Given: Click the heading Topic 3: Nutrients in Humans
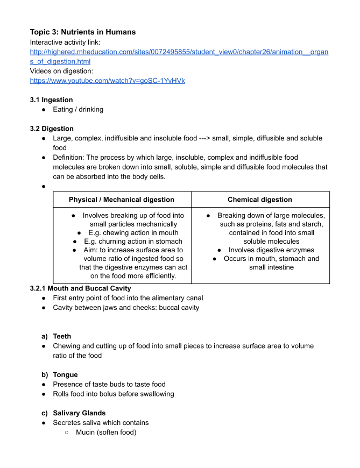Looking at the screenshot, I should pos(83,32).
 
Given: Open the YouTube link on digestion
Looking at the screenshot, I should pos(107,81).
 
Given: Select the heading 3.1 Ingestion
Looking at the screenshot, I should pos(51,100).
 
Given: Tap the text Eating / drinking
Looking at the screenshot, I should pos(78,110).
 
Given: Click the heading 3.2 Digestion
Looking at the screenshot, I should pos(52,129).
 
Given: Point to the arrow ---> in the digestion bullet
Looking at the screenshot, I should pos(204,138).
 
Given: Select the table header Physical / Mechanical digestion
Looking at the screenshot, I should pos(122,200).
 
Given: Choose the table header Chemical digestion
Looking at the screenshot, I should pos(260,200).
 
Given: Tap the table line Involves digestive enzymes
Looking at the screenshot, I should pos(271,250).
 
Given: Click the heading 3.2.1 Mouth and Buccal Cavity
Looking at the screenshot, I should pos(80,288).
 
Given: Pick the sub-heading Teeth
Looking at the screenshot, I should pos(62,336).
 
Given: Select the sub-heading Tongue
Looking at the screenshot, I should pos(65,374).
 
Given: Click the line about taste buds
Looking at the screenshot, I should pos(109,384).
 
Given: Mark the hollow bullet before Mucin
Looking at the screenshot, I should pos(66,432).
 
